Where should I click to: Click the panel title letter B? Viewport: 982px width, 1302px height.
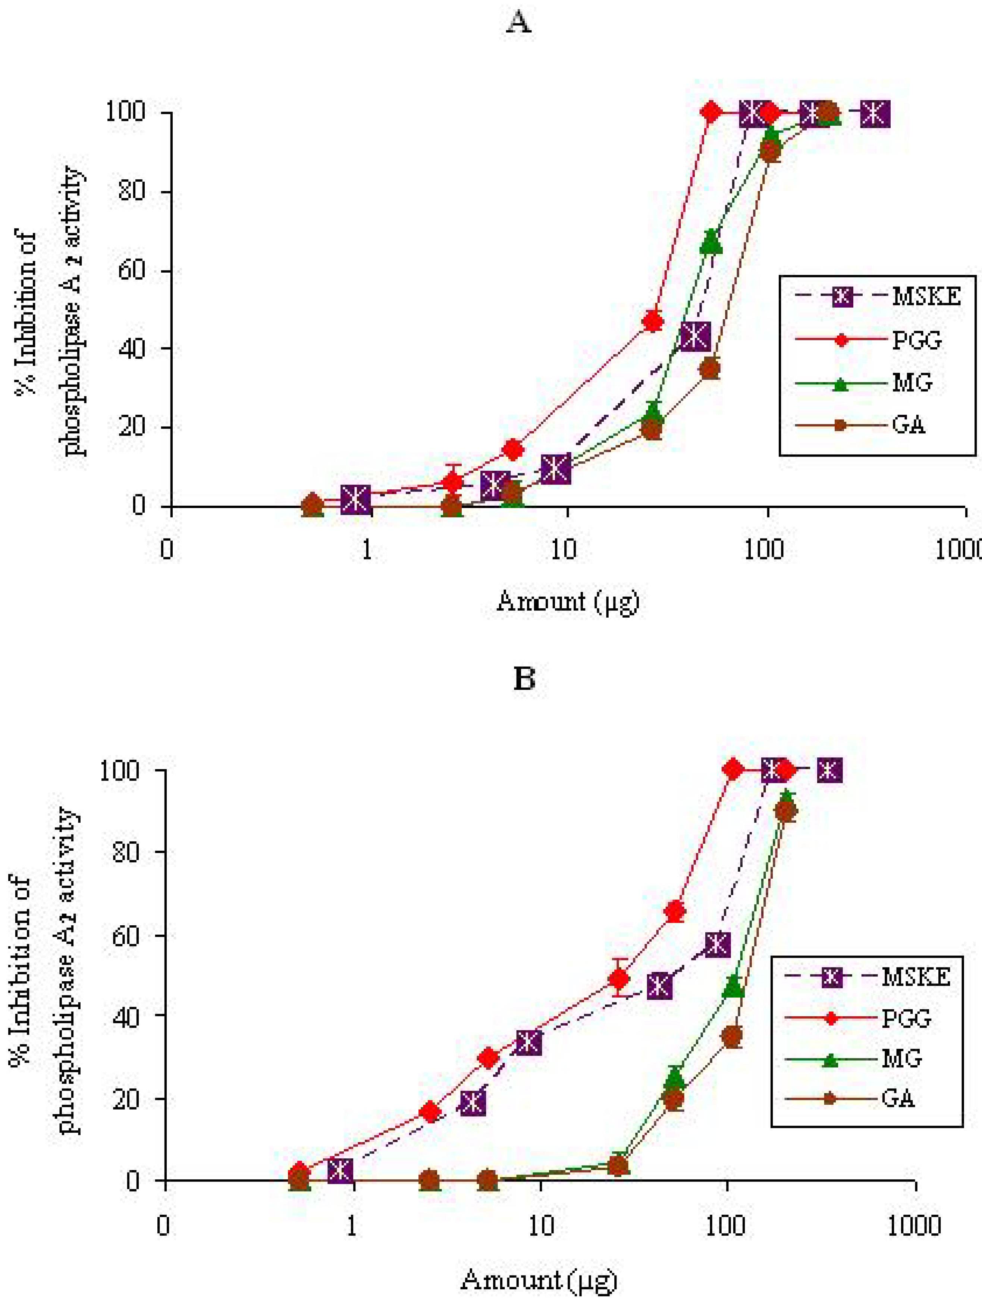point(524,679)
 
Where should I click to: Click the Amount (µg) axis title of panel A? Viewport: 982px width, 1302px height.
point(568,602)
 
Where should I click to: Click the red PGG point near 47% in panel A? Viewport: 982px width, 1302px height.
point(652,321)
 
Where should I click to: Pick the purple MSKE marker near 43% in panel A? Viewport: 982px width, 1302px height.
point(695,336)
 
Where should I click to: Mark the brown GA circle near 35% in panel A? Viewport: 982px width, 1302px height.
point(710,369)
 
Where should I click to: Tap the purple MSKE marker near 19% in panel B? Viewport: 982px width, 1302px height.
point(473,1102)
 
